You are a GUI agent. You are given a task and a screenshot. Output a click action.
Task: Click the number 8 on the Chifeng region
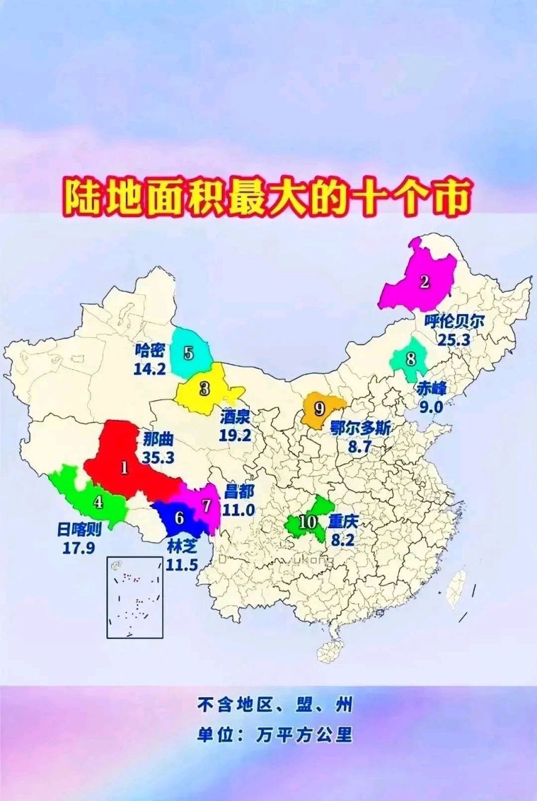pos(411,359)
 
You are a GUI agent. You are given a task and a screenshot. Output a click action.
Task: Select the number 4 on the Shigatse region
pos(98,501)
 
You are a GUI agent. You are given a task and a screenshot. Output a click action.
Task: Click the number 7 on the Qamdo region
pos(207,504)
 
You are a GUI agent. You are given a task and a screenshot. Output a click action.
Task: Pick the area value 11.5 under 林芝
pos(182,564)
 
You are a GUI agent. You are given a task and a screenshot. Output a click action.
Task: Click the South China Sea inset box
pos(135,597)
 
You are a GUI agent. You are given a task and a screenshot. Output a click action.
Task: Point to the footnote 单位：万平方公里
pos(275,733)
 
